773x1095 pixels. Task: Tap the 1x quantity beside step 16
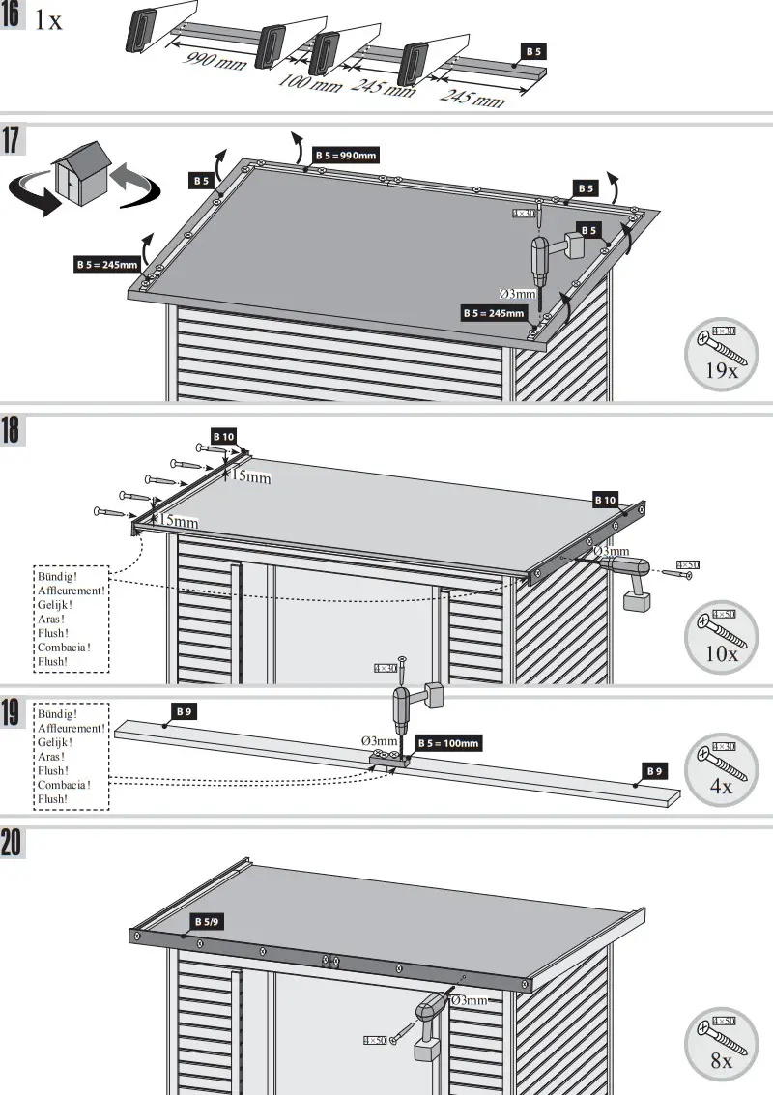click(x=48, y=19)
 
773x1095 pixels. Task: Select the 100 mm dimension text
click(x=310, y=81)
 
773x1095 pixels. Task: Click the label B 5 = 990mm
click(x=345, y=155)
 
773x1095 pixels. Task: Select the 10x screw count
click(x=719, y=653)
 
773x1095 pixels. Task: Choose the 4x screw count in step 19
click(x=721, y=787)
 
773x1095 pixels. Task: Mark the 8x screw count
click(x=721, y=1060)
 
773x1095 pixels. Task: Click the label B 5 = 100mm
click(x=448, y=743)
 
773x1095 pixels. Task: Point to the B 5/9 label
click(x=207, y=922)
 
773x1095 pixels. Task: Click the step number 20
click(x=13, y=843)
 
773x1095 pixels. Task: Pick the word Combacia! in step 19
click(x=64, y=785)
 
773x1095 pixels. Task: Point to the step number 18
click(x=12, y=430)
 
